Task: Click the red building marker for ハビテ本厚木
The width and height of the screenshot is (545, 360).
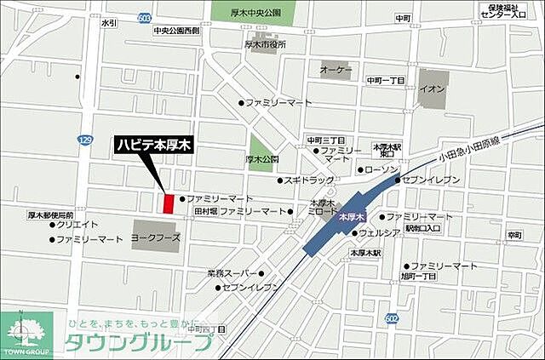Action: point(168,203)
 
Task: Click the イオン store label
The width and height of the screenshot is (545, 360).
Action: point(432,89)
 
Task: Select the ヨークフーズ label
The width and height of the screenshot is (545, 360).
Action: point(157,239)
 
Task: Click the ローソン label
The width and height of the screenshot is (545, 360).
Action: point(381,170)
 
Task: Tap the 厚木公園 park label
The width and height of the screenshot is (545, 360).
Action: point(263,158)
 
